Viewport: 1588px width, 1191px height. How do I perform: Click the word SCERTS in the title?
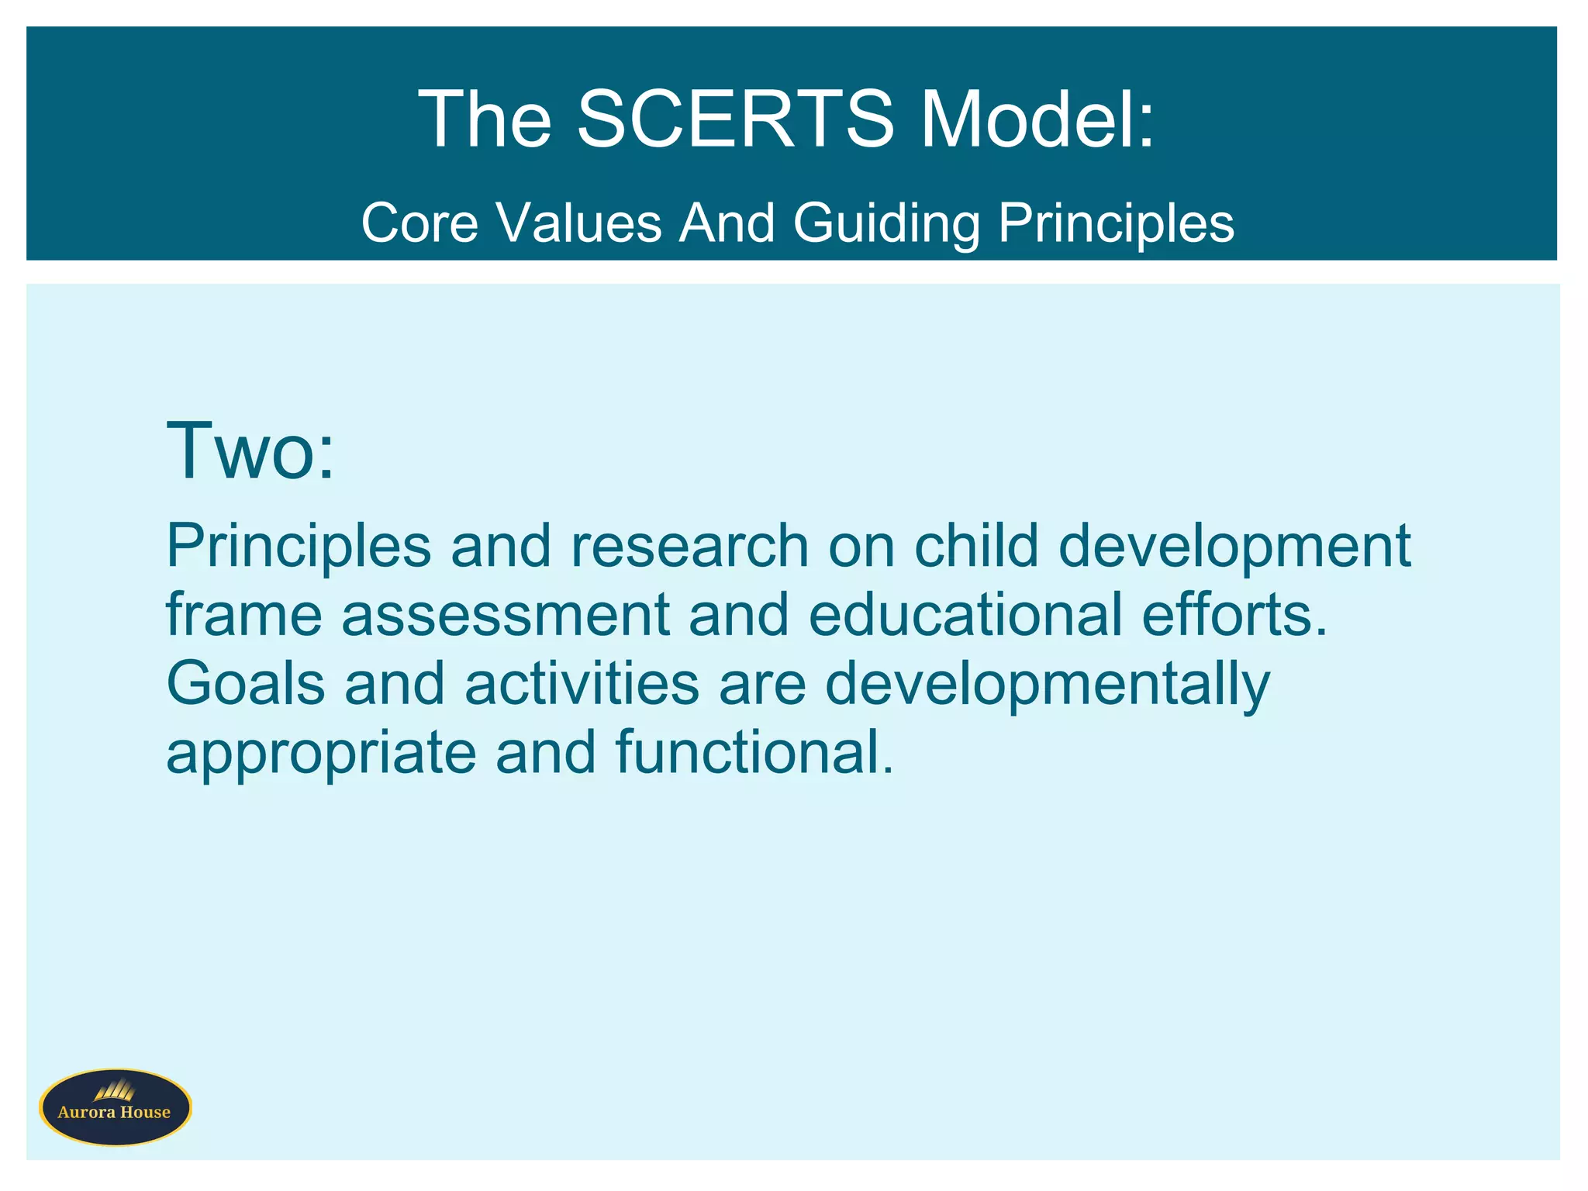click(x=735, y=119)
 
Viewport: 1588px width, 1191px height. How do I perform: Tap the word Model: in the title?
click(x=1037, y=119)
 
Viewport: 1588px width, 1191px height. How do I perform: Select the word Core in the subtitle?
click(x=419, y=223)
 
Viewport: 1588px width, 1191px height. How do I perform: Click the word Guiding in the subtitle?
click(x=886, y=223)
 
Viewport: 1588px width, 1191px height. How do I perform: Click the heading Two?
click(x=250, y=451)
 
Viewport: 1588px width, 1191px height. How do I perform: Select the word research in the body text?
click(x=690, y=546)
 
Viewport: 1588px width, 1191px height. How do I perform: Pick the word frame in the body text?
click(x=244, y=614)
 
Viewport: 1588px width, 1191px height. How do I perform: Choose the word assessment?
click(x=505, y=614)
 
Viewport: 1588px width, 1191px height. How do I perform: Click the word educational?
click(x=965, y=614)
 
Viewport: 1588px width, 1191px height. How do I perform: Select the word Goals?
click(x=246, y=683)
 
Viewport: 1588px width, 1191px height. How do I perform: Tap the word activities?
click(x=582, y=683)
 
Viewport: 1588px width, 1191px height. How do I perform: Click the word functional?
click(x=754, y=752)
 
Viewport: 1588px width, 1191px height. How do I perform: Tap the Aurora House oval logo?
click(x=116, y=1107)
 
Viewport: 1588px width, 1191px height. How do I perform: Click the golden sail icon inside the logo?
click(x=115, y=1090)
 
